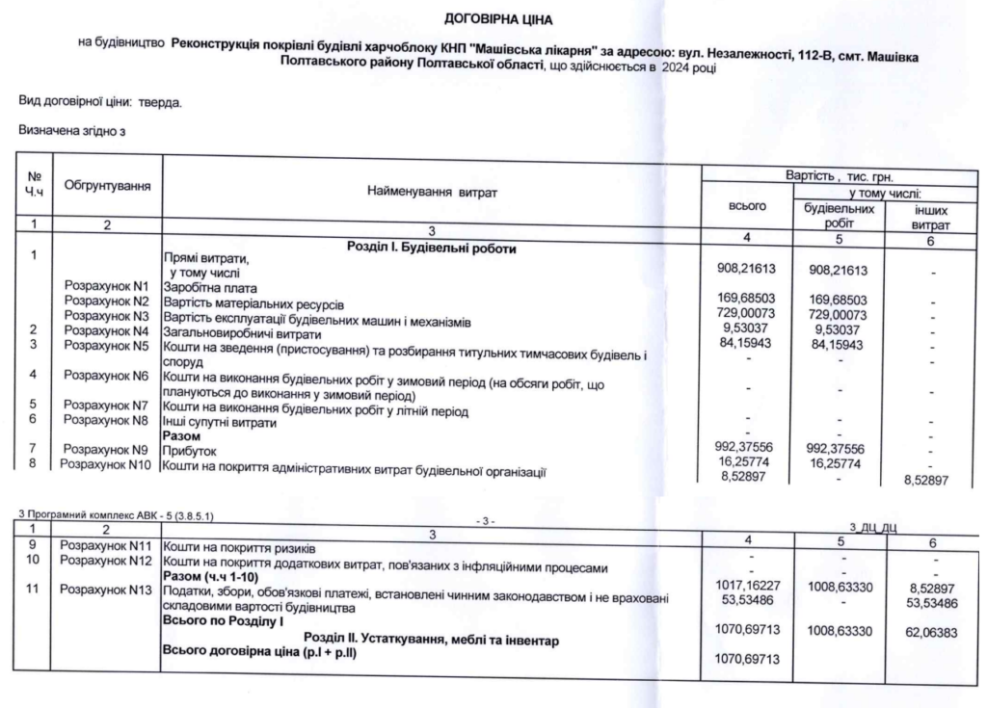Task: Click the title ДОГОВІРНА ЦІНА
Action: coord(493,17)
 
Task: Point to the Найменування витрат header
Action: coord(431,193)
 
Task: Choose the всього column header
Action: coord(749,206)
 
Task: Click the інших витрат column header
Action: coord(930,214)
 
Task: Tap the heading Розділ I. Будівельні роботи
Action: coord(431,249)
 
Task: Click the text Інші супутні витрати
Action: coord(221,422)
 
